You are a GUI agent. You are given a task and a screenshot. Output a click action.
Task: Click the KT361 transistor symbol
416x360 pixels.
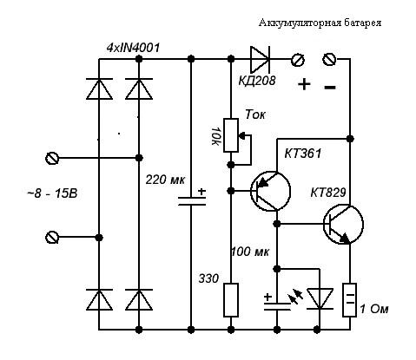coord(270,191)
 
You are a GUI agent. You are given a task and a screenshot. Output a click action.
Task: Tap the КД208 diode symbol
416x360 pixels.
coord(260,59)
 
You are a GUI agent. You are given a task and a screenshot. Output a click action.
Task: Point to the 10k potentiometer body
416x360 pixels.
coord(231,135)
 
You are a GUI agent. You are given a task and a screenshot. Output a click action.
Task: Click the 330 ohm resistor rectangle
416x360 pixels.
coord(231,300)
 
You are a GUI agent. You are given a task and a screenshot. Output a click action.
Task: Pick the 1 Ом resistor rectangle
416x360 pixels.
coord(349,300)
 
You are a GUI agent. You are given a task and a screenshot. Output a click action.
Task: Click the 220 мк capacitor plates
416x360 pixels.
coord(191,201)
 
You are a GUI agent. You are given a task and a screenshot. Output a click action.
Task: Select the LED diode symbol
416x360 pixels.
coord(320,299)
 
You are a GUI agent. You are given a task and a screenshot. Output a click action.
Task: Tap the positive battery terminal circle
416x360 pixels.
coord(298,60)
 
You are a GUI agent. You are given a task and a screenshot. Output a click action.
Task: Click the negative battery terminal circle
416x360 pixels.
coord(329,59)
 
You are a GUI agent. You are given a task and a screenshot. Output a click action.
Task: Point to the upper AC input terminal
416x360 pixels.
coord(52,158)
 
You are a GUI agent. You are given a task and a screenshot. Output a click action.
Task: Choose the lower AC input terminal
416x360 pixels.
coord(52,238)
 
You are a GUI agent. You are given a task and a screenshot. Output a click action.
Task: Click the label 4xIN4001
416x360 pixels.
coord(133,48)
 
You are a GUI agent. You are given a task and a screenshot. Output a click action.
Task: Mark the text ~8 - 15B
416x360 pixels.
coord(52,193)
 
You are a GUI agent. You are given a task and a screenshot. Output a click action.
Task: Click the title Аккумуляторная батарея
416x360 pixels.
coord(320,23)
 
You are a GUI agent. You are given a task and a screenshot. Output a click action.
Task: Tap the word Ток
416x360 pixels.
coord(255,115)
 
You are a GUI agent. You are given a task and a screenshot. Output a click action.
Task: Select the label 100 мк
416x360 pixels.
coord(249,252)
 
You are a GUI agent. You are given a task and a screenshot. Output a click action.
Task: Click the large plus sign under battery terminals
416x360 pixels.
coord(304,84)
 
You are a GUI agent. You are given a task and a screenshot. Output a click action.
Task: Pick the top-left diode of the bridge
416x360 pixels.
coord(99,88)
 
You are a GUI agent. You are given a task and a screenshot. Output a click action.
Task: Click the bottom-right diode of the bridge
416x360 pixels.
coord(139,299)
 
